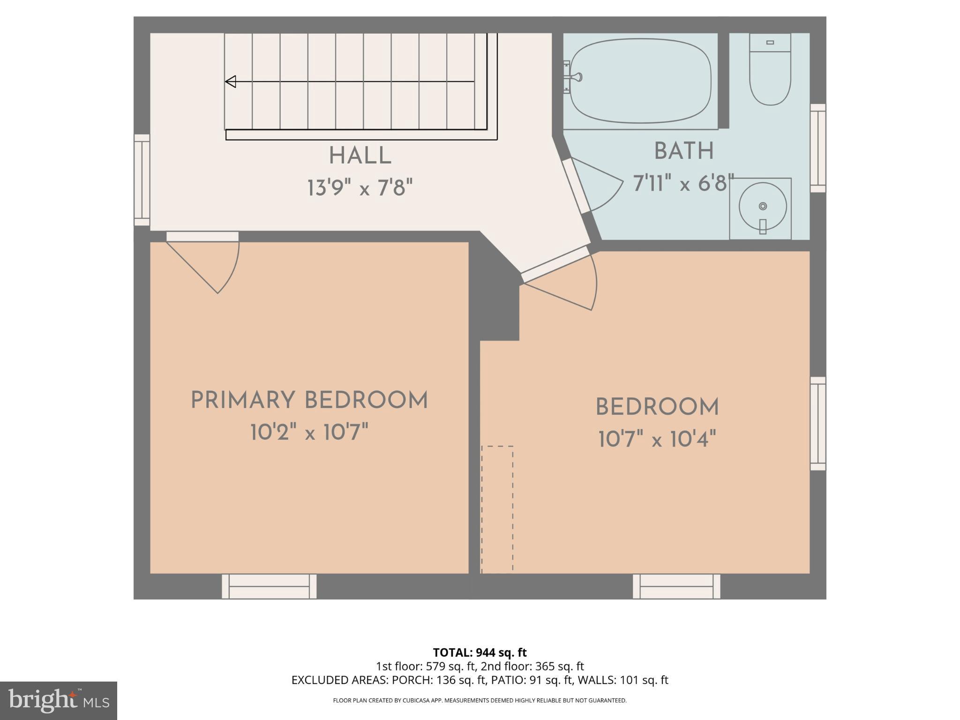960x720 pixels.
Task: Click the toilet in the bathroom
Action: (x=770, y=70)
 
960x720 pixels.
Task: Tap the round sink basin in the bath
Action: (x=762, y=206)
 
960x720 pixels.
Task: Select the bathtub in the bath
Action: (x=640, y=81)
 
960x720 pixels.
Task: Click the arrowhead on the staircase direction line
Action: (x=230, y=82)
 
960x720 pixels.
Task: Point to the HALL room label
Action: (x=360, y=156)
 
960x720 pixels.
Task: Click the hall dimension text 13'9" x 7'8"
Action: (x=360, y=188)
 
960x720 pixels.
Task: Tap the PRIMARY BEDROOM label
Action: (x=309, y=400)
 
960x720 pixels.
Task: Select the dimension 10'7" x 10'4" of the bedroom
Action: (x=657, y=440)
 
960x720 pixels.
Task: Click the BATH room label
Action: (x=684, y=151)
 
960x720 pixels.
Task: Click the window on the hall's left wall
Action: (x=142, y=180)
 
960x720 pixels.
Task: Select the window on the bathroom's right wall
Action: (x=818, y=148)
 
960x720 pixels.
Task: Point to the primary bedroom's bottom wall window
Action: (x=269, y=586)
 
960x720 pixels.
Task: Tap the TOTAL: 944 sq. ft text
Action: (x=480, y=652)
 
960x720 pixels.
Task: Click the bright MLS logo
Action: (x=58, y=700)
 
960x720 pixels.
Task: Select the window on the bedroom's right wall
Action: (x=818, y=423)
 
